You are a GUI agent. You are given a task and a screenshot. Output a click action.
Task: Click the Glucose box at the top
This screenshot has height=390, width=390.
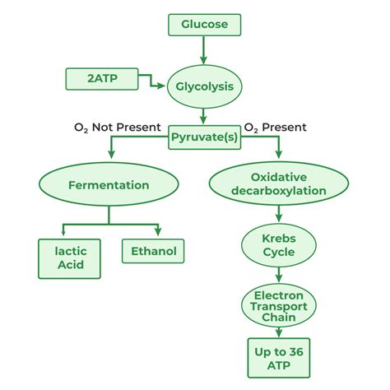(x=204, y=25)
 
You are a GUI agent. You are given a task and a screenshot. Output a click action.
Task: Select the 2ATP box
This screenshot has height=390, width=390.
(x=101, y=80)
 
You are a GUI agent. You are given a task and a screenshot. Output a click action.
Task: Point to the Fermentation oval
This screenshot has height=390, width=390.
(x=109, y=185)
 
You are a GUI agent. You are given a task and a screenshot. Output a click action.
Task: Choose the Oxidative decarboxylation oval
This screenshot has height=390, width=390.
(x=277, y=184)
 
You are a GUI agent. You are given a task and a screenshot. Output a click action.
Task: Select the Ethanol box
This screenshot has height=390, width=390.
(x=153, y=251)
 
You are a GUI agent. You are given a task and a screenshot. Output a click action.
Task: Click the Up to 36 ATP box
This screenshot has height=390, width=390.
(x=277, y=358)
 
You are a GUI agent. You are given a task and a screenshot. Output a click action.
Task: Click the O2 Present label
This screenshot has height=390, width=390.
(x=276, y=128)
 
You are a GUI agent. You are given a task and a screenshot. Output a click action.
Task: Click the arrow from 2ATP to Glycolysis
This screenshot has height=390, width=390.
(x=150, y=81)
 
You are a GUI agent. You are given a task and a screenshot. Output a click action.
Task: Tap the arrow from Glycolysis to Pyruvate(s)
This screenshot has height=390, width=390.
(x=203, y=114)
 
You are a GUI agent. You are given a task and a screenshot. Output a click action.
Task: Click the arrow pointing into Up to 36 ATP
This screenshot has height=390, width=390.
(x=277, y=332)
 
